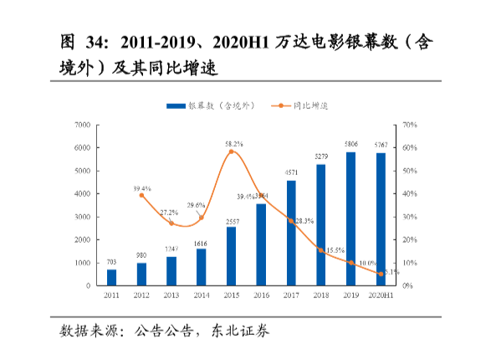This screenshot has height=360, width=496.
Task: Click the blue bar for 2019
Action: (x=350, y=219)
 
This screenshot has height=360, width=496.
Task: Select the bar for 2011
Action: (x=111, y=277)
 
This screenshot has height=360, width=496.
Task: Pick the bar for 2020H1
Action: (x=381, y=219)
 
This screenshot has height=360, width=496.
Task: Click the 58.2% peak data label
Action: (x=234, y=144)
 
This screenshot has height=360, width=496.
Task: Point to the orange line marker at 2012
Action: (x=141, y=195)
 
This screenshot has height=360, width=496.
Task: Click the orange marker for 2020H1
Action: (x=381, y=274)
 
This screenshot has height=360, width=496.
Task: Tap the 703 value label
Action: (x=111, y=262)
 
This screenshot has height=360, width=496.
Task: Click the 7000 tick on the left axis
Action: (x=82, y=125)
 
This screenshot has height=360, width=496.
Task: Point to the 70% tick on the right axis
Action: (x=409, y=125)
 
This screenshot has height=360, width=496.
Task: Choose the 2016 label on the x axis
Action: (x=261, y=296)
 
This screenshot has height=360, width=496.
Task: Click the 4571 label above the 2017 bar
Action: (x=291, y=173)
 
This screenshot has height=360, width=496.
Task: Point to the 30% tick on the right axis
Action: (x=409, y=217)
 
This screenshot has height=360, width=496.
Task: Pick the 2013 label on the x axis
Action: (x=171, y=296)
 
